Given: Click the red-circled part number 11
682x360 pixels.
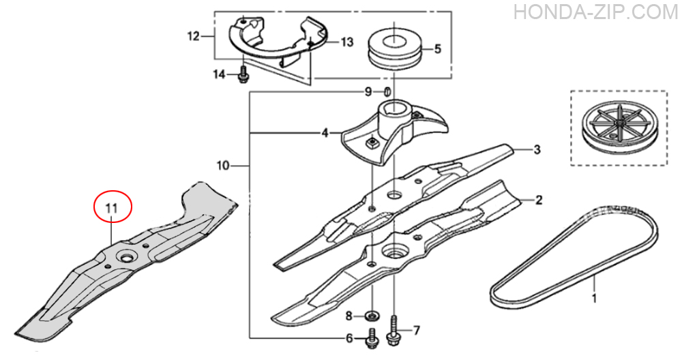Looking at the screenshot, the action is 113,208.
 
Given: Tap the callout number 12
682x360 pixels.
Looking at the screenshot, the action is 194,37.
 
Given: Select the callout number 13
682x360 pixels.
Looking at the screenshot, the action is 347,42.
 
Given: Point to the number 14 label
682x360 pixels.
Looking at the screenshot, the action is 219,74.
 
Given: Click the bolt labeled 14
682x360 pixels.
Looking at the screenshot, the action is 243,74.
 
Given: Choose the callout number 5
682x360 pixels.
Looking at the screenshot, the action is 438,48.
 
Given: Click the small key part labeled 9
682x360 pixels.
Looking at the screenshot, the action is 387,92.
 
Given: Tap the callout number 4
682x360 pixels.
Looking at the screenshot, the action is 325,133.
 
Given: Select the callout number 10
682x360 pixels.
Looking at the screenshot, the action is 223,166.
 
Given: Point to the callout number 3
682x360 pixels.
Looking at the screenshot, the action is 537,149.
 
